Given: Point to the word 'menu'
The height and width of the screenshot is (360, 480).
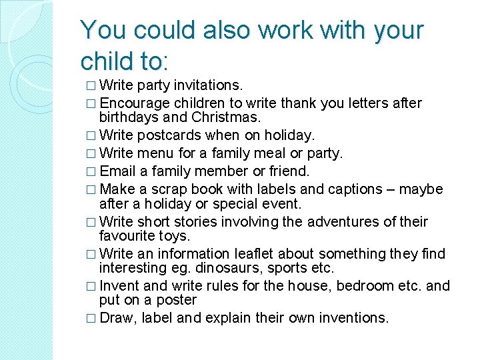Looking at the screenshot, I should tap(155, 153).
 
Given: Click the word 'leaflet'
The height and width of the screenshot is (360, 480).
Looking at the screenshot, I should tap(252, 253).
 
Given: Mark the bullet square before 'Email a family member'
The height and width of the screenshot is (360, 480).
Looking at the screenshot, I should tap(91, 172).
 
